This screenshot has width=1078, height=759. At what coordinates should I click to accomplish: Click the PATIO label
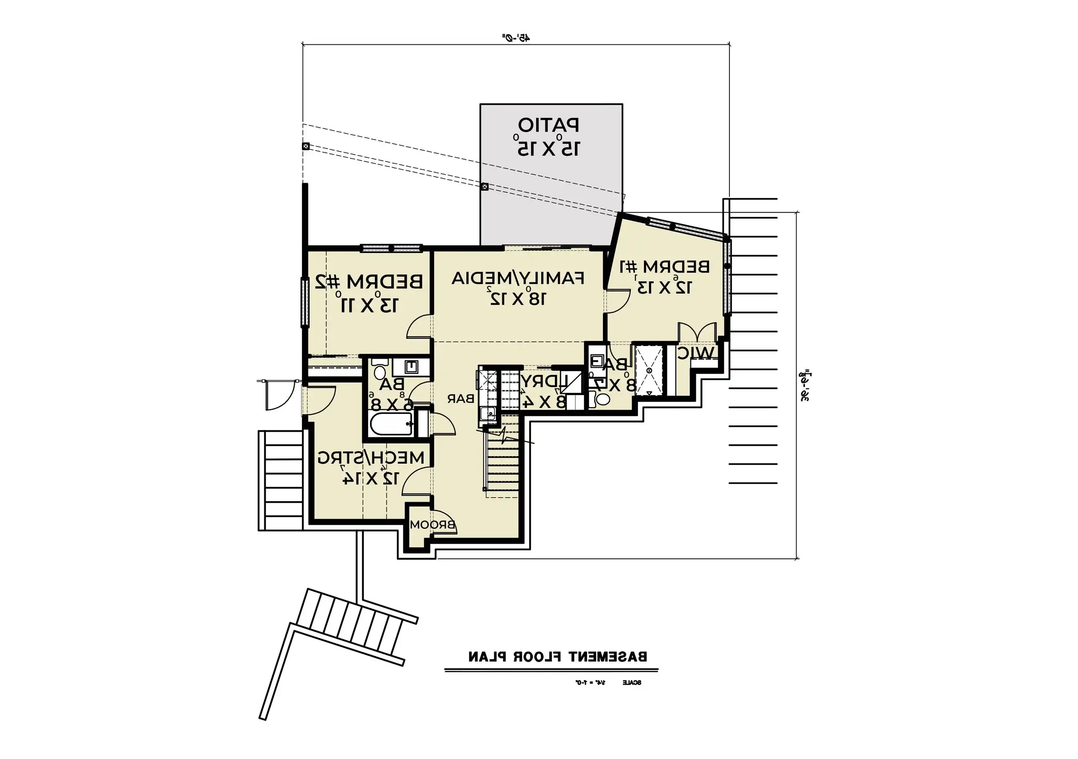click(549, 125)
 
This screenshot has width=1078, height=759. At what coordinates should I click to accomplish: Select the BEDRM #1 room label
click(665, 267)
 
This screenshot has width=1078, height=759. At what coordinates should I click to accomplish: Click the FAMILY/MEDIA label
click(518, 279)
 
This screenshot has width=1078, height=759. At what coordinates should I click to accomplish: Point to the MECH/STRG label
click(371, 457)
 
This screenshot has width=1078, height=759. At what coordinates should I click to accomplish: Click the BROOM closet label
click(432, 525)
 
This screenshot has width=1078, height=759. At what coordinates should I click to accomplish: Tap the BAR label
click(461, 399)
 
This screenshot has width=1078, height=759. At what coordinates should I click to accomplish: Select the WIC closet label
click(696, 353)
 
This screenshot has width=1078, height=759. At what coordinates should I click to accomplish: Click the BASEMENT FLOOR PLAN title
click(557, 657)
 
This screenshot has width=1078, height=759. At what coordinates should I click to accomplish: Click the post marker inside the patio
click(485, 187)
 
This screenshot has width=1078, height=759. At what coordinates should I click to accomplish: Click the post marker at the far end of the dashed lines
click(306, 146)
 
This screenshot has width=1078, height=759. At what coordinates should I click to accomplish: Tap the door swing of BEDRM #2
click(419, 327)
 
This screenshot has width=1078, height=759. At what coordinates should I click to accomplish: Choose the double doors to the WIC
click(698, 332)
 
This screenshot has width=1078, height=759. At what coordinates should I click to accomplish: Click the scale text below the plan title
click(608, 682)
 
